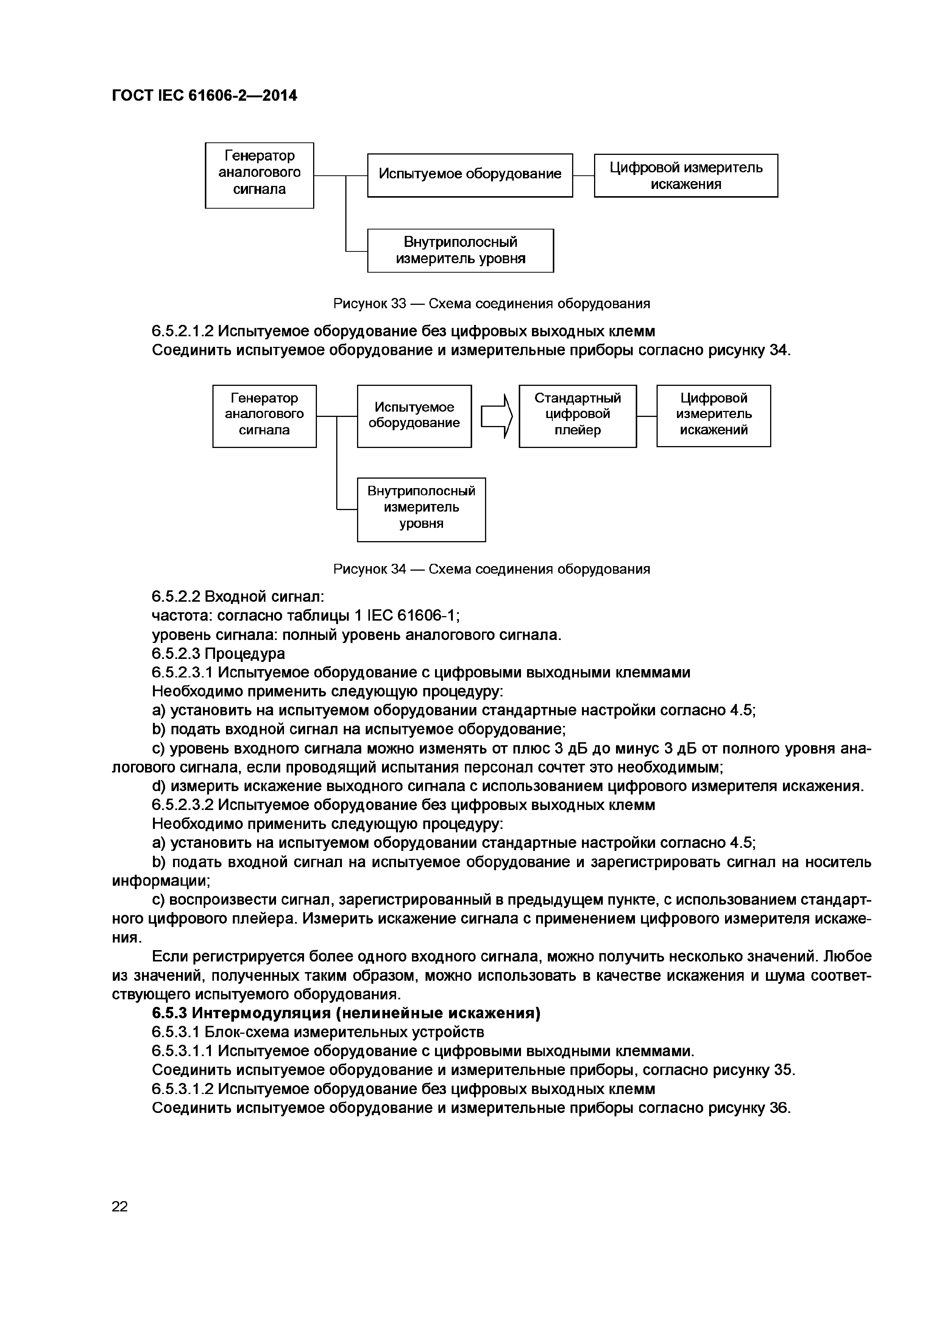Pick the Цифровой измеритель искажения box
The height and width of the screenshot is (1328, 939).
tap(686, 175)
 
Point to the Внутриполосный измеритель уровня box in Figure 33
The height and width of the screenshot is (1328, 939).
tap(460, 250)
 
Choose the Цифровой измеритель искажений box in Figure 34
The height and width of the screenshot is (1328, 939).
tap(713, 416)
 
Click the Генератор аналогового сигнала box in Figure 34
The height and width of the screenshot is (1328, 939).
tap(264, 416)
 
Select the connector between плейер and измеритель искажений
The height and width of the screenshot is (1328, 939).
tap(646, 416)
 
